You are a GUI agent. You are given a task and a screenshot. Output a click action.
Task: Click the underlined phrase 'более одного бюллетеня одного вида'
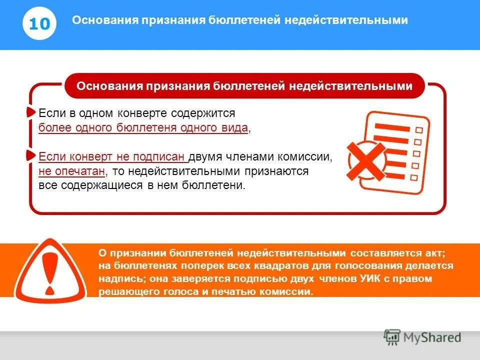click(x=143, y=128)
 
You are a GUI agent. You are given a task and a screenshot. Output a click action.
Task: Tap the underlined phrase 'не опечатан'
click(x=71, y=171)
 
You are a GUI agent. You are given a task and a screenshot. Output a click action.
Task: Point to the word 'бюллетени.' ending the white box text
click(x=220, y=185)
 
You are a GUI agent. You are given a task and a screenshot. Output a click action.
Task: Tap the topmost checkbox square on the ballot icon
click(x=419, y=130)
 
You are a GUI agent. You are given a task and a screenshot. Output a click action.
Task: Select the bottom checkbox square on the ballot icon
click(x=413, y=177)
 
